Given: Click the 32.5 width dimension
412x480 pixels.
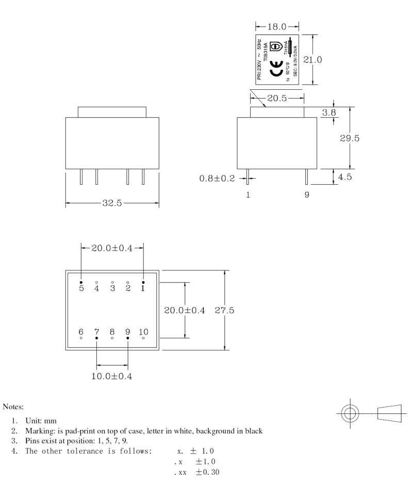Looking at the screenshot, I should pos(112,203).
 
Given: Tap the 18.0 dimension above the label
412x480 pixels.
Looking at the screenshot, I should pos(277,26).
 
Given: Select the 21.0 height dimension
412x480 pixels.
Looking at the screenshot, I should pos(312,60).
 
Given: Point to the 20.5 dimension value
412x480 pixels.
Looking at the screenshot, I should pos(276,98).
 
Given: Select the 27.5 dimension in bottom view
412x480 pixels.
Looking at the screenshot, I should pos(224,311).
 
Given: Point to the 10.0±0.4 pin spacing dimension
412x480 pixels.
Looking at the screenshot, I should pos(111,376).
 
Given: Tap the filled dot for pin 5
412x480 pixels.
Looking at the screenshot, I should pos(81,282).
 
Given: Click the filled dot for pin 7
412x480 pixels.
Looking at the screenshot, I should pos(96,338).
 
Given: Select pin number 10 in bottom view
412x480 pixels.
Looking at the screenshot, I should pos(143,331).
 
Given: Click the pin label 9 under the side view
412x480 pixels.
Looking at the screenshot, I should pos(307,196).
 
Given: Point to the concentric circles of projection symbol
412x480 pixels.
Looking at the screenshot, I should pos(350,413).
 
